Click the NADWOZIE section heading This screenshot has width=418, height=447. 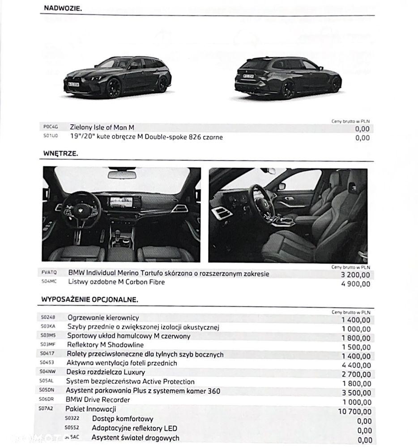[63, 8]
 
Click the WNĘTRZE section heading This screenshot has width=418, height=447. [60, 153]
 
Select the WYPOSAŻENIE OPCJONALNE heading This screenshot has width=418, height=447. [90, 299]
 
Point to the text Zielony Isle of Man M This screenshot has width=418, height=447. [102, 128]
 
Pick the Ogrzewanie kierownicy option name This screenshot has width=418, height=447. [103, 318]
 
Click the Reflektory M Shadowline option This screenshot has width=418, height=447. [105, 345]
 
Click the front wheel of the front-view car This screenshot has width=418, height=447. [113, 88]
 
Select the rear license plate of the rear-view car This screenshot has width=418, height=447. [248, 76]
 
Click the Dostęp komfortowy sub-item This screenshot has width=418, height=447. [123, 419]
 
